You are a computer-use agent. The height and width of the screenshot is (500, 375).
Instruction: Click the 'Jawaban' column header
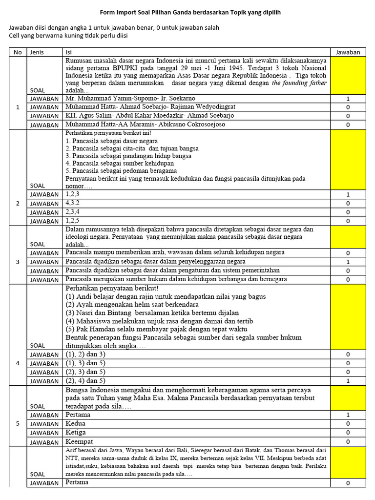348,52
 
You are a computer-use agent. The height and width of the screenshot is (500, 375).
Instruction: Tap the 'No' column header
18,52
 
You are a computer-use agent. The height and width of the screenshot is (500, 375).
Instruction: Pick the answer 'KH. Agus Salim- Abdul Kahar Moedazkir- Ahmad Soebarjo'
149,116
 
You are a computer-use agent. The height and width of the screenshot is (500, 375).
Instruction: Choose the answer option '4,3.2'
72,203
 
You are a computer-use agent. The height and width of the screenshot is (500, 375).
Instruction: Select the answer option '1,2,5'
72,221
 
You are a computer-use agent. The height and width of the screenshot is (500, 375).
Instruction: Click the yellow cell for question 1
348,75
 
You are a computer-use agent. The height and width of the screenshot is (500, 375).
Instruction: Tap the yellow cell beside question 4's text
348,317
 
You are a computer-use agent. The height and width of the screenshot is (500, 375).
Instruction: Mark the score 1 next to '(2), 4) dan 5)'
348,381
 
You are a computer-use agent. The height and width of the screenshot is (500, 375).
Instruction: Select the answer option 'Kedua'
75,423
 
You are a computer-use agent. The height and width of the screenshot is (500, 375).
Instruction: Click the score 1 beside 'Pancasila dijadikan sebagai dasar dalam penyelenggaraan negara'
348,262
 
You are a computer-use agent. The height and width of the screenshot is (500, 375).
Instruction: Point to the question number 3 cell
18,262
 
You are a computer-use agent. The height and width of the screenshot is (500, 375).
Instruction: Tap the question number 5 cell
18,423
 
